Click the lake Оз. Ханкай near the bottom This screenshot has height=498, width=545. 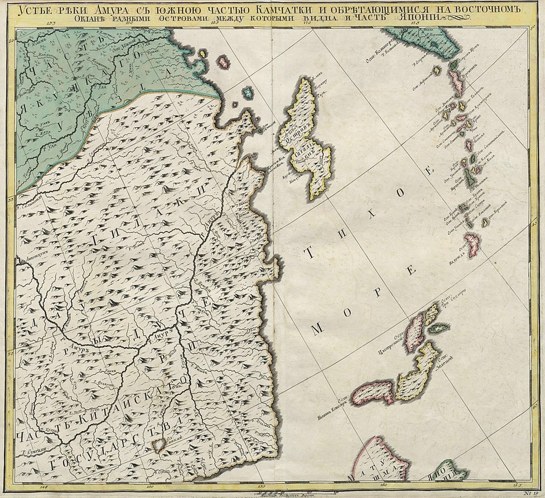159,444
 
